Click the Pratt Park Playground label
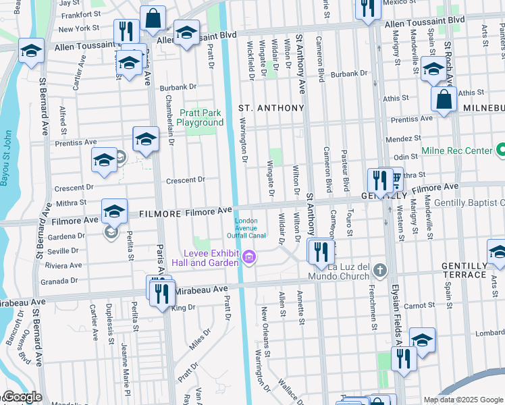(201, 117)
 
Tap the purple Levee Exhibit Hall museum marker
(249, 257)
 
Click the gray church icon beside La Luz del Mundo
(380, 271)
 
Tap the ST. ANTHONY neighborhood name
(271, 108)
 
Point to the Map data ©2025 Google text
(463, 399)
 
